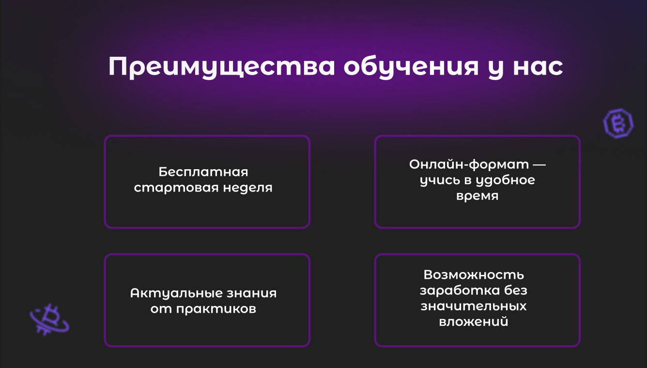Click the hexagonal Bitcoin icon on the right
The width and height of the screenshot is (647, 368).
coord(617,123)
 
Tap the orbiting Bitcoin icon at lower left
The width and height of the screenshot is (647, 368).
coord(48,319)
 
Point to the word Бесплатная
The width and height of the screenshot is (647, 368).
coord(203,172)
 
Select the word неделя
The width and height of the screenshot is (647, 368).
coord(247,188)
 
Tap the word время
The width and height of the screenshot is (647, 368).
coord(477,196)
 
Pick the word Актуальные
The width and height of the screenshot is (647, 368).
coord(176,293)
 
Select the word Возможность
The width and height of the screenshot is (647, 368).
coord(474,275)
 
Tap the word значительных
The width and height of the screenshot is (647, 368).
coord(474,307)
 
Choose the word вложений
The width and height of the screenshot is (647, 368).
coord(474,322)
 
